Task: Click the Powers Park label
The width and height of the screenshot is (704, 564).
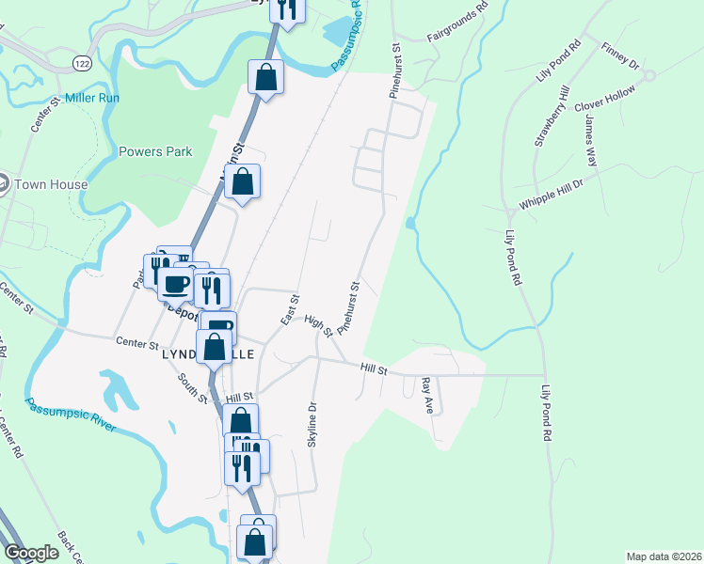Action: (155, 151)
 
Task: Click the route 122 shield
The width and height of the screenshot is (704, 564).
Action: (82, 62)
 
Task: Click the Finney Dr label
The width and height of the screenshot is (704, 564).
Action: (620, 59)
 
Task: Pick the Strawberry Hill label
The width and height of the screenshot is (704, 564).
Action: (552, 116)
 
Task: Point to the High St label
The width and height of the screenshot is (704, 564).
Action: (320, 325)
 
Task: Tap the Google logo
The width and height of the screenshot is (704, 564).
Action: (31, 552)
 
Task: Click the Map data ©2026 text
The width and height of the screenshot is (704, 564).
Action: (663, 556)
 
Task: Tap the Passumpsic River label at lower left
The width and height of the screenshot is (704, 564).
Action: (71, 415)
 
